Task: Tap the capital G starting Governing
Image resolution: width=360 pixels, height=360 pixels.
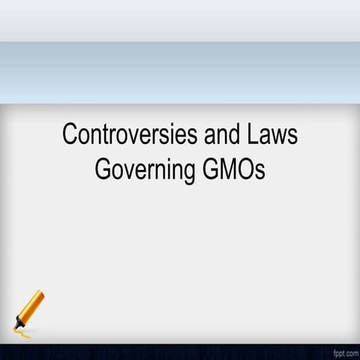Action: pyautogui.click(x=103, y=169)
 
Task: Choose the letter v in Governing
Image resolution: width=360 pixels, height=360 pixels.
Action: pyautogui.click(x=127, y=170)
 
